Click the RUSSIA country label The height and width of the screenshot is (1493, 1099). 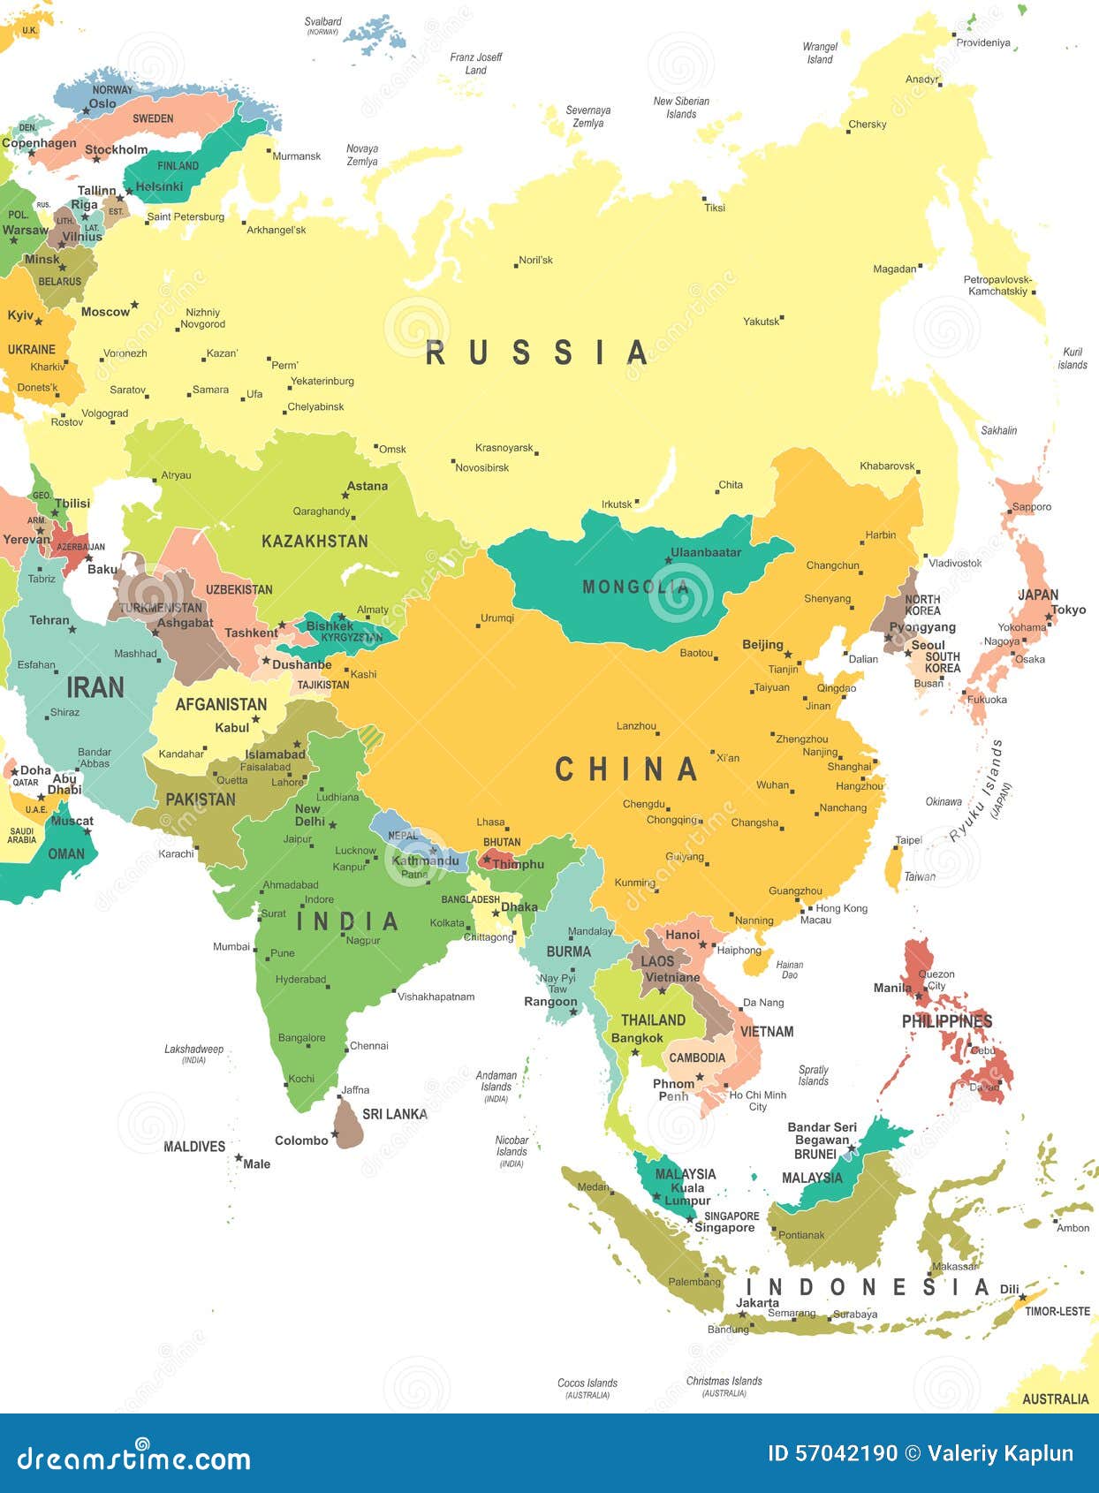tap(537, 352)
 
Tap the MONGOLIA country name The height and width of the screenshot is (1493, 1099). tap(634, 587)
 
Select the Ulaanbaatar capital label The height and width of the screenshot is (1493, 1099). tap(706, 553)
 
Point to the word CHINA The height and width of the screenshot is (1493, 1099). tap(625, 769)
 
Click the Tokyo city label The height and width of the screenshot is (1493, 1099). tap(1068, 610)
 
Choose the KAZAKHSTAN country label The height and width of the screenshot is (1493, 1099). tap(315, 541)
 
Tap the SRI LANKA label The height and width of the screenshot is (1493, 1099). tap(395, 1114)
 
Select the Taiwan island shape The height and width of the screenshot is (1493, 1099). tap(894, 866)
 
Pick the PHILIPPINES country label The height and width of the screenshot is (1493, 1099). tap(947, 1021)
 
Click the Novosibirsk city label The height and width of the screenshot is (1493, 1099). tap(482, 467)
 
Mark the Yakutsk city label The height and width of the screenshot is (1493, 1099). tap(761, 322)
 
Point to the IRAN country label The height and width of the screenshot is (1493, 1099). tap(95, 687)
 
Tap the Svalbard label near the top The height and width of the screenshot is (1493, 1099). tap(322, 22)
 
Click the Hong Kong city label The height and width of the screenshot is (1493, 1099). tap(841, 908)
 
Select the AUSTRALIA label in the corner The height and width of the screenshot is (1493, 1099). tap(1055, 1398)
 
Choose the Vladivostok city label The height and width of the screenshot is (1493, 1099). tap(955, 563)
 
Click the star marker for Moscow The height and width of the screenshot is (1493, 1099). tap(136, 305)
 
